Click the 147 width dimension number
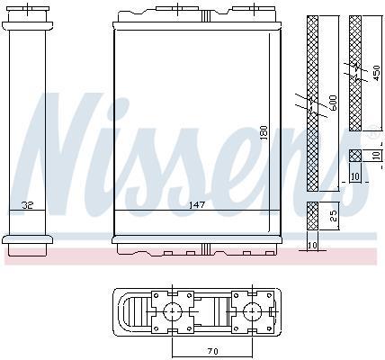point(197,205)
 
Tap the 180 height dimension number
point(264,132)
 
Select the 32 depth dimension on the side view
point(27,205)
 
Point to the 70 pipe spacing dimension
point(212,351)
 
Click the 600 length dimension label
point(333,103)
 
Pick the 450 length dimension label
point(376,73)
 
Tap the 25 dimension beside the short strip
point(334,216)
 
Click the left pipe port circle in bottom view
point(172,312)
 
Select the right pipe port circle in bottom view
point(253,312)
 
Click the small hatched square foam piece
point(355,156)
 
